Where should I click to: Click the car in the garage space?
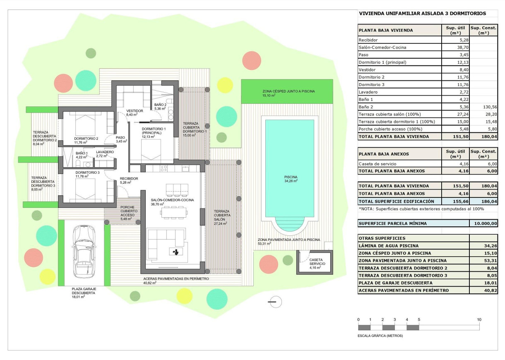[x=84, y=251]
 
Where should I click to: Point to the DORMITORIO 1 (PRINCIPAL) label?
[x=154, y=131]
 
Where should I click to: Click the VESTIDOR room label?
[x=135, y=111]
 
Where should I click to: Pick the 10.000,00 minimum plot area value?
[x=483, y=223]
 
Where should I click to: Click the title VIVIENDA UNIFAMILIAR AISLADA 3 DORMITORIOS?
[x=423, y=13]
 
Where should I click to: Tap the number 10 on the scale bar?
[x=479, y=320]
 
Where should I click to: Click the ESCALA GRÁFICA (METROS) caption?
[x=380, y=336]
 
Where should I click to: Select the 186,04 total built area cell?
[x=483, y=201]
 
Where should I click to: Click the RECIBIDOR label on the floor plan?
[x=129, y=178]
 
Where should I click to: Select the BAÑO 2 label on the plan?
[x=160, y=105]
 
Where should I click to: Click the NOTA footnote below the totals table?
[x=421, y=209]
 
